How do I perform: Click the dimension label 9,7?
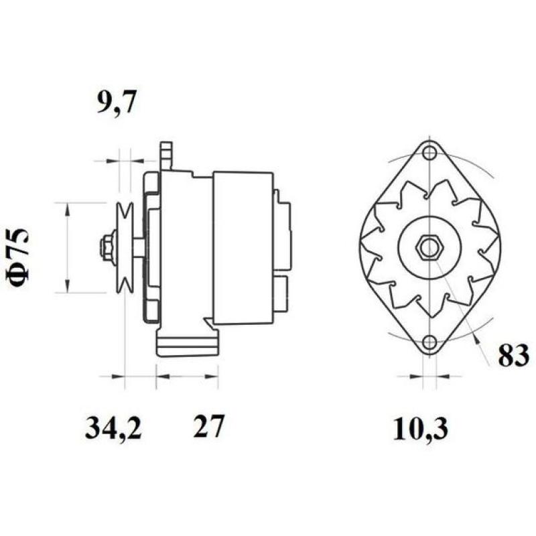pos(118,104)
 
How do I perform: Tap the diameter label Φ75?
pos(20,259)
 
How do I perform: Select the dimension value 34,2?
pos(113,427)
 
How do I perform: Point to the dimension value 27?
pos(208,427)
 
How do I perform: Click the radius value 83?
pos(513,355)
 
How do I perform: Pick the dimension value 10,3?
pos(421,427)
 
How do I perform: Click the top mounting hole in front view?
pos(429,152)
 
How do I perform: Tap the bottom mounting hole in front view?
pos(429,344)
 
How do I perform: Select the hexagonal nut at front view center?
pos(429,248)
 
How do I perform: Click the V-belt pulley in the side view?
pos(124,248)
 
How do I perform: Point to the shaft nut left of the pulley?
pos(105,247)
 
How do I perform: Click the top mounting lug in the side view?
pos(165,155)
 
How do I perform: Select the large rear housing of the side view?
pos(243,248)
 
